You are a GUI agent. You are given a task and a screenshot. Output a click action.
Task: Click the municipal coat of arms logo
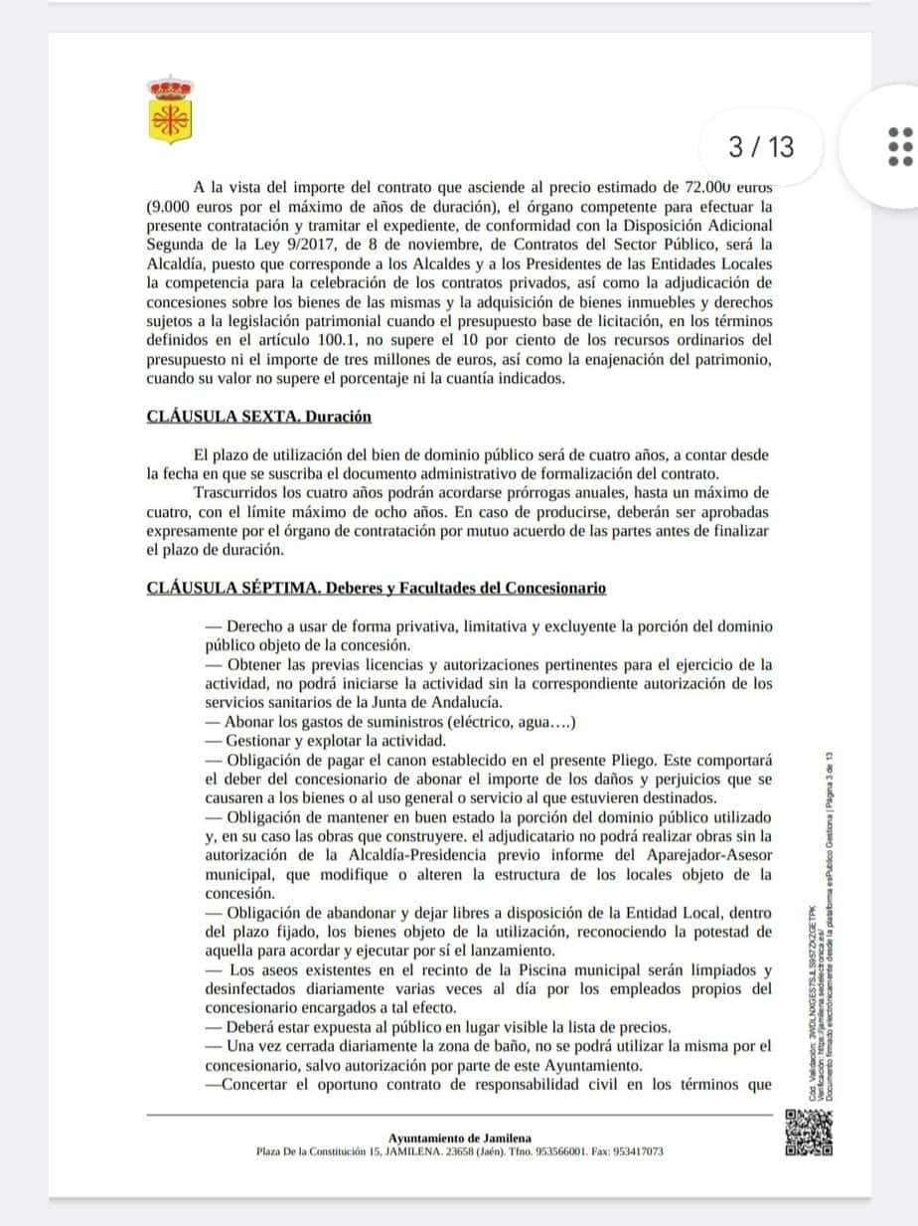click(170, 109)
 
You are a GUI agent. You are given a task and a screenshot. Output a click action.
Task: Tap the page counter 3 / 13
click(761, 147)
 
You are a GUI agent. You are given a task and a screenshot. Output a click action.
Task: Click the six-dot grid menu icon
click(898, 147)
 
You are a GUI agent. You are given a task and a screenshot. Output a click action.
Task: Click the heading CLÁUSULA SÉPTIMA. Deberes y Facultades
click(376, 588)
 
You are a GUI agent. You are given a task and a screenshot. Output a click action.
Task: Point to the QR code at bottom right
click(809, 1132)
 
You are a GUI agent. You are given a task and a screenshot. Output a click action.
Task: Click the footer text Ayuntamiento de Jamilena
click(459, 1138)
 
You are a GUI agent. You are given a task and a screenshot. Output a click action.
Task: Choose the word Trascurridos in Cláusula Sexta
click(243, 492)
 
